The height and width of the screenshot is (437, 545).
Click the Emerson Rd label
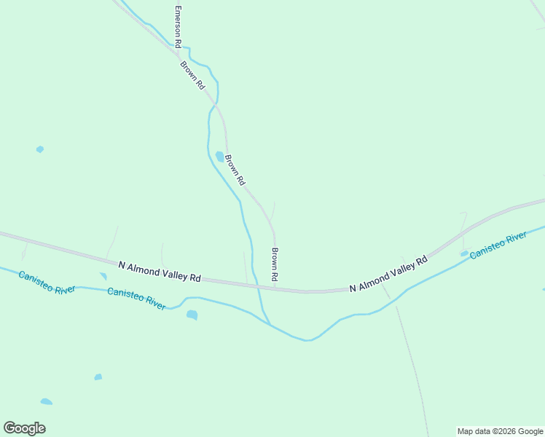tap(177, 28)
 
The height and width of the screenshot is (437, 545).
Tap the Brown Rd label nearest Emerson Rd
tap(193, 74)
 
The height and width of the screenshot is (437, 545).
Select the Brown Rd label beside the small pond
tap(235, 170)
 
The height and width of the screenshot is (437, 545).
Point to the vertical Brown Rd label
tap(275, 265)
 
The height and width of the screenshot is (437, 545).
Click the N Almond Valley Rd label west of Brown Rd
tap(159, 272)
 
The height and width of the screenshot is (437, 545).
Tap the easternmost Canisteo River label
tap(498, 245)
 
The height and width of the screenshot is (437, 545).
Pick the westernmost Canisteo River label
tap(47, 283)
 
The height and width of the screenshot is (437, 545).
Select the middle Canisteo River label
tap(136, 297)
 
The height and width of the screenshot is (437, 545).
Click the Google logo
tap(24, 428)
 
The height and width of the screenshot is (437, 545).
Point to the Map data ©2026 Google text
tap(501, 431)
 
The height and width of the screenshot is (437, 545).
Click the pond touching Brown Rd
tap(219, 157)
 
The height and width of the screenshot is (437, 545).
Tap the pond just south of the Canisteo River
tap(192, 315)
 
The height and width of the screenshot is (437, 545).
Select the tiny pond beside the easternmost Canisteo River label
tap(464, 253)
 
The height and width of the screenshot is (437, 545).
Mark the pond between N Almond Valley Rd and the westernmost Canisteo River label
tap(103, 276)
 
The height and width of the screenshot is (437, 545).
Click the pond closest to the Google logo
tap(46, 401)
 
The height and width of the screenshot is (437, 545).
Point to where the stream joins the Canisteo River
tap(270, 325)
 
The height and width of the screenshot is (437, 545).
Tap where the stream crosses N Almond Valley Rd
tap(256, 285)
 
